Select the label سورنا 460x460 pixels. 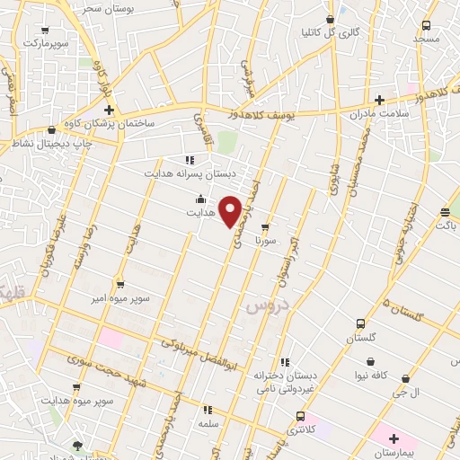coord(268,241)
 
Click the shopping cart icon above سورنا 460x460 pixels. coord(263,226)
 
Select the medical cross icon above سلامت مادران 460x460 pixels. coord(379,100)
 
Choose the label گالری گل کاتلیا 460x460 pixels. coord(329,33)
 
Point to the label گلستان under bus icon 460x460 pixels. coord(361,339)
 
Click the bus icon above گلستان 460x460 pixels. coord(361,323)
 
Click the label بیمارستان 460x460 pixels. coord(392,454)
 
